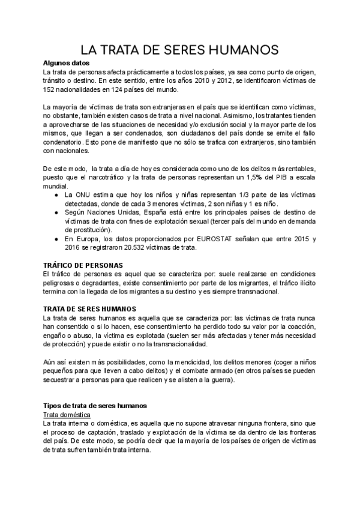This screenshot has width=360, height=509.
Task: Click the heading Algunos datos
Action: pyautogui.click(x=66, y=63)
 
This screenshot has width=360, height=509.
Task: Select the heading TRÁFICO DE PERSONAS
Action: pyautogui.click(x=83, y=265)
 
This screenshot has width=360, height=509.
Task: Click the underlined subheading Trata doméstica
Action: pyautogui.click(x=67, y=415)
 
